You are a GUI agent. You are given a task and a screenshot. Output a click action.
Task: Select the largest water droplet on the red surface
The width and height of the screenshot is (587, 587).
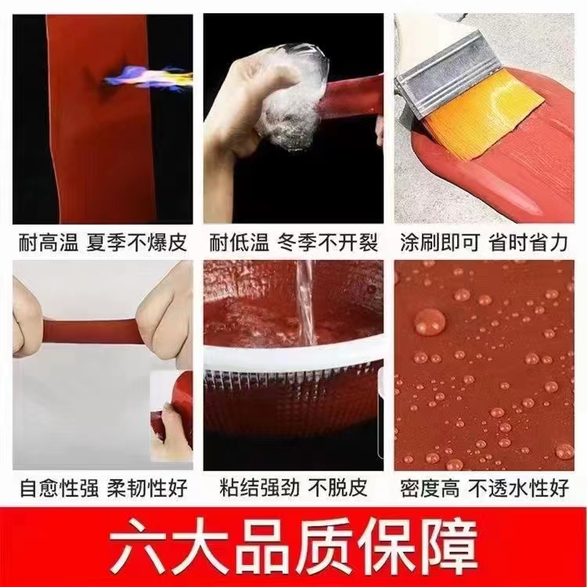[430, 322]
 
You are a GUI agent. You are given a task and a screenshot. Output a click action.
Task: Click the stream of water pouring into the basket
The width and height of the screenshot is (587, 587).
[306, 302]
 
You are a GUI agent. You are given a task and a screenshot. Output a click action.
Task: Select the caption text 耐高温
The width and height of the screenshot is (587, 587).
[49, 242]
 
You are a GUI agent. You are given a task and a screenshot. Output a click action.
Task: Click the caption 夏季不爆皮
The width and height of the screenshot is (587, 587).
[137, 242]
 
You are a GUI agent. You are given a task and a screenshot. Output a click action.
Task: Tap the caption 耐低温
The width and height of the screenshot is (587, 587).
[239, 242]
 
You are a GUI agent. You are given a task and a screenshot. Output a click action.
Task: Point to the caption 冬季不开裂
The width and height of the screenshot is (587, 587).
[328, 242]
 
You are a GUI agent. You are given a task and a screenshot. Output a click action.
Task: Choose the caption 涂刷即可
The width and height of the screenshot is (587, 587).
[440, 242]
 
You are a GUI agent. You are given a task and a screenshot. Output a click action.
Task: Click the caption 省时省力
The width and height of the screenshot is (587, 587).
[528, 242]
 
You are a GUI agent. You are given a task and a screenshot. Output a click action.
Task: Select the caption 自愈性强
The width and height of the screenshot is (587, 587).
[59, 488]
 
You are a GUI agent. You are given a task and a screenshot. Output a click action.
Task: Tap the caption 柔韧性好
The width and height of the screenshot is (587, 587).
[147, 488]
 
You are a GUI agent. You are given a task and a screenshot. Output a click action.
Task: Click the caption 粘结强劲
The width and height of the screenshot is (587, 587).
[259, 488]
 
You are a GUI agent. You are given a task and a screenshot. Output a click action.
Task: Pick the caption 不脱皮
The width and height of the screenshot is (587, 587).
[337, 488]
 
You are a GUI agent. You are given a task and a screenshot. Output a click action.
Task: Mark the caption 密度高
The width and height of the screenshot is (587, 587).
[430, 488]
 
